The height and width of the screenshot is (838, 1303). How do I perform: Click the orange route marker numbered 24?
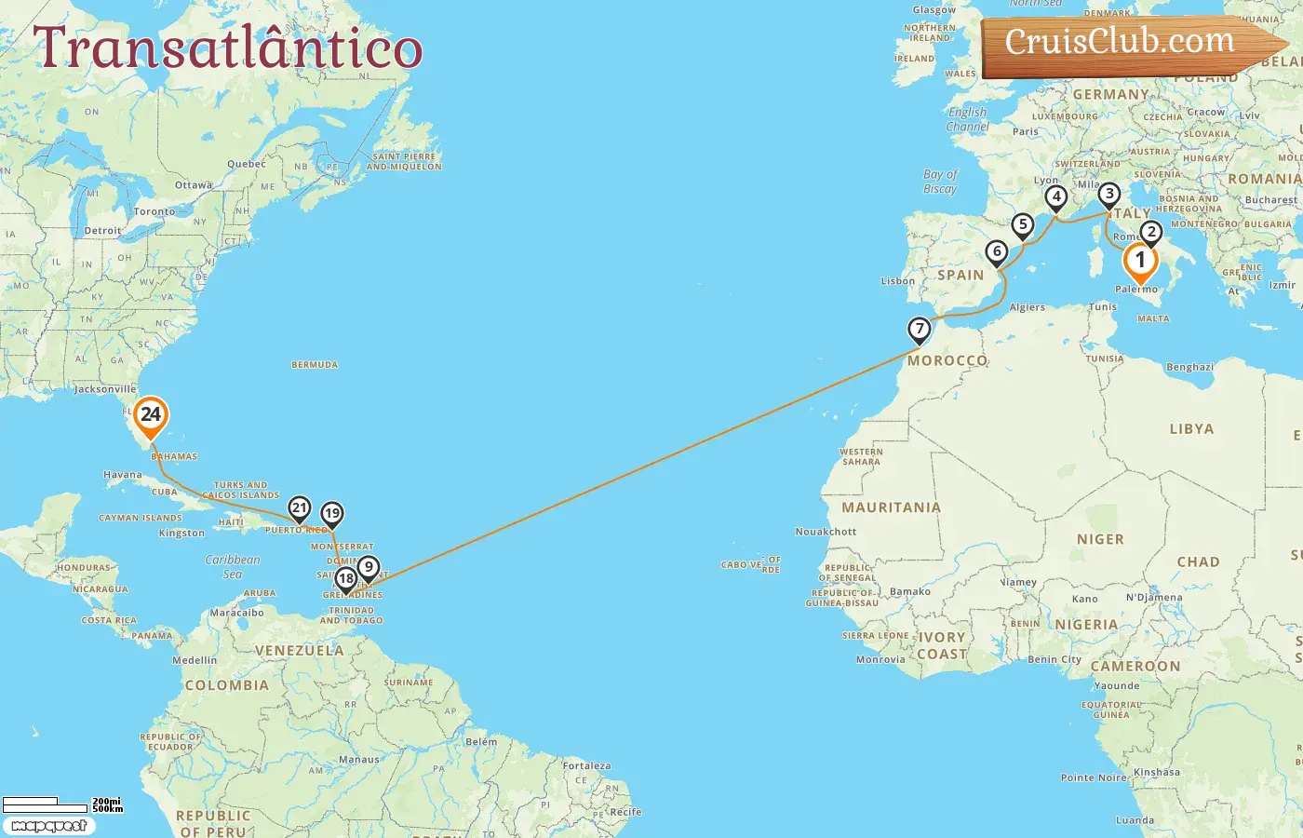click(x=150, y=416)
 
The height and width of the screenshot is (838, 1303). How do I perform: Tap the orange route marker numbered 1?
click(x=1140, y=262)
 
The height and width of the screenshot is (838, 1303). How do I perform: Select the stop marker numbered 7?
click(x=920, y=330)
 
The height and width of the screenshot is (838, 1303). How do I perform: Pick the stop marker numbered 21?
click(x=299, y=508)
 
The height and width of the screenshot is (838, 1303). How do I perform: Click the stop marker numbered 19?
click(x=331, y=514)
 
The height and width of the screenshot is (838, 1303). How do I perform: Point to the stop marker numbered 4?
click(x=1055, y=197)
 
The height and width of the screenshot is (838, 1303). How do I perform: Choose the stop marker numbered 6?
click(x=997, y=252)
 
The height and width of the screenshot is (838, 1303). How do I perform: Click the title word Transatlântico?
click(x=228, y=48)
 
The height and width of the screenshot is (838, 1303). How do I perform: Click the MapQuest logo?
click(x=48, y=826)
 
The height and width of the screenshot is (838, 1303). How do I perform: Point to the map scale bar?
click(x=60, y=804)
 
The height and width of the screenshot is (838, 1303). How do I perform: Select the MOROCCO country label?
click(x=947, y=361)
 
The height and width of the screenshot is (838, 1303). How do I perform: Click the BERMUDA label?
click(x=315, y=365)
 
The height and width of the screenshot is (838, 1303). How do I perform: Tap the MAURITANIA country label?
click(x=891, y=507)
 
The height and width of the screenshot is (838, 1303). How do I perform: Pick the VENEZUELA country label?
click(x=299, y=651)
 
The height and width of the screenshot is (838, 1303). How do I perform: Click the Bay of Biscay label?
click(x=940, y=182)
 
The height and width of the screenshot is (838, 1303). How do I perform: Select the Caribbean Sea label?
click(x=233, y=566)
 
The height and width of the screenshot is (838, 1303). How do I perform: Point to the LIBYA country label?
click(x=1191, y=429)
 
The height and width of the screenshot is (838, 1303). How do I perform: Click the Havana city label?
click(x=123, y=475)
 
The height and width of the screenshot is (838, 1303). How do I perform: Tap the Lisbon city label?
click(x=898, y=281)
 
